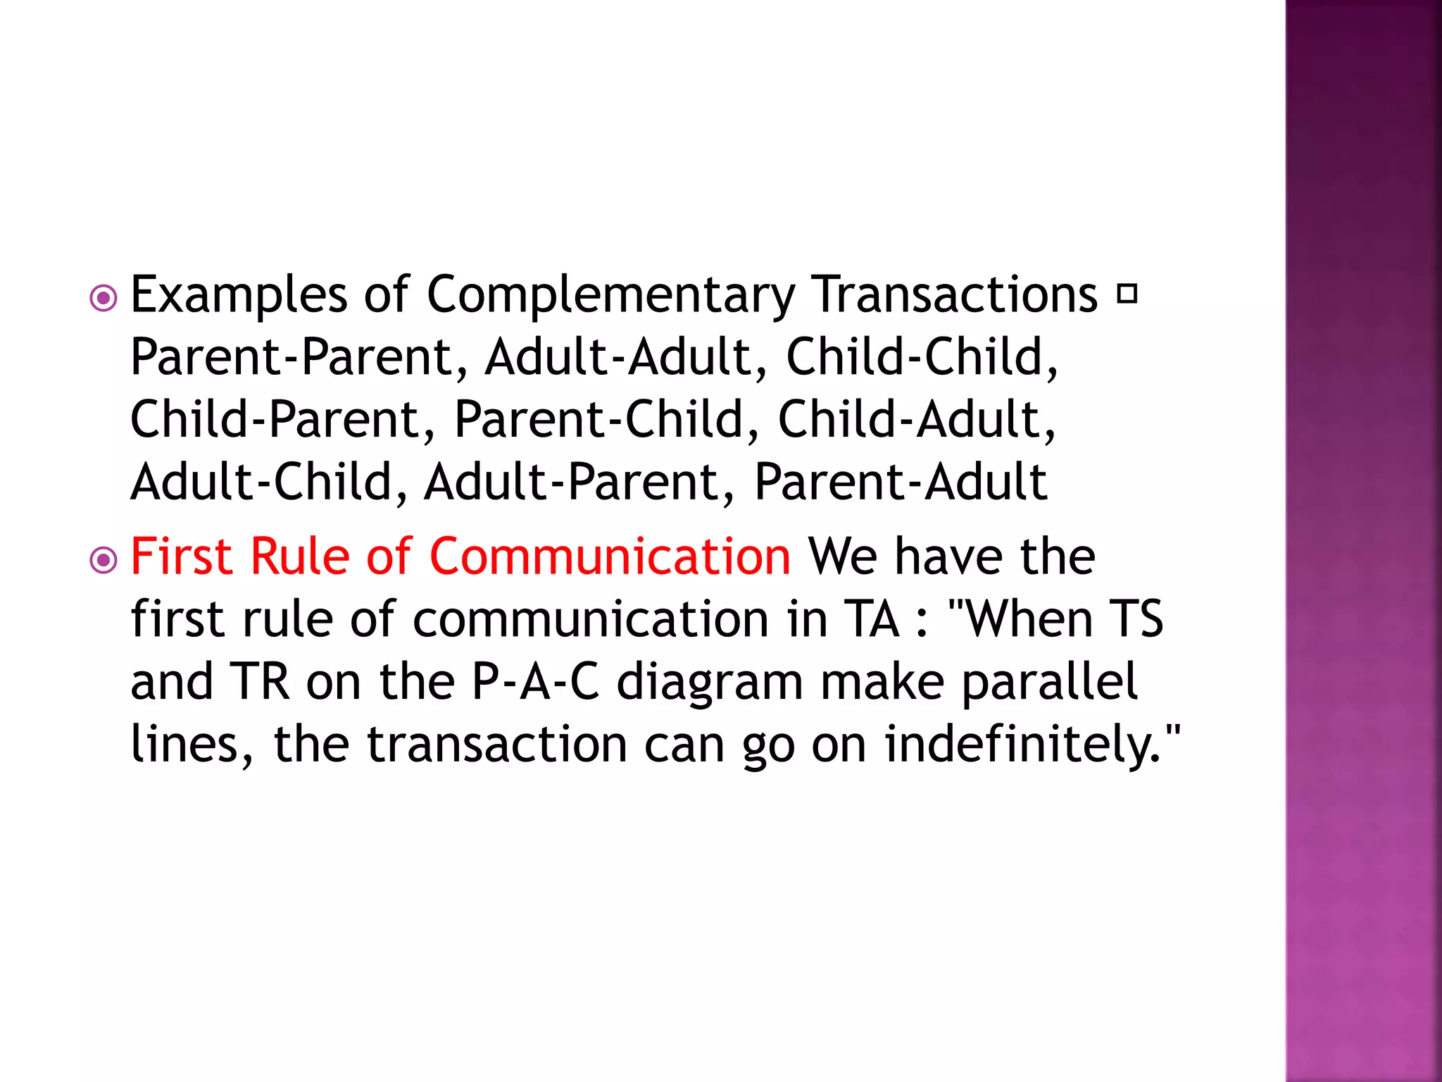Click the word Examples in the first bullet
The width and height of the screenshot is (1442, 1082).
[239, 295]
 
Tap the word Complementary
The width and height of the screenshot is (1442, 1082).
[610, 295]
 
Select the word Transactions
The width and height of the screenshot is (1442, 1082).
[955, 294]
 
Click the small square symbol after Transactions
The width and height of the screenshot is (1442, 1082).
[1127, 294]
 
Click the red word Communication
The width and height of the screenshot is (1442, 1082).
[610, 556]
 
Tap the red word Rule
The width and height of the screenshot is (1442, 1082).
[300, 556]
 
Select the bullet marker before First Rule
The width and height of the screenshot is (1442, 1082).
[104, 561]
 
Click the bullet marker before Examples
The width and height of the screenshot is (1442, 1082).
[104, 299]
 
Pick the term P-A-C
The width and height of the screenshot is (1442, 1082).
[535, 682]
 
